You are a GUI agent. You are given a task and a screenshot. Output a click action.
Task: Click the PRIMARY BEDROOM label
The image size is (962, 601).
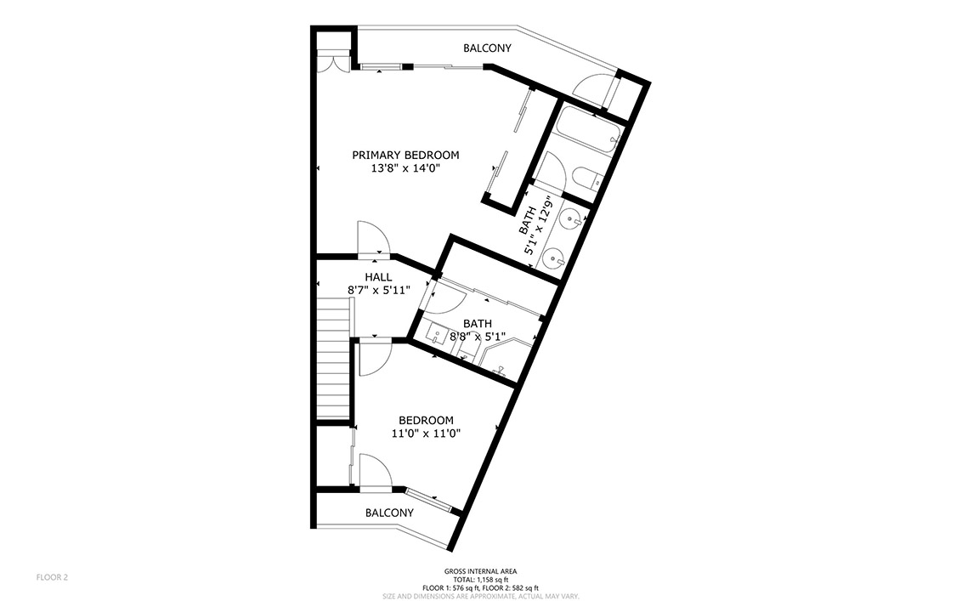click(x=405, y=156)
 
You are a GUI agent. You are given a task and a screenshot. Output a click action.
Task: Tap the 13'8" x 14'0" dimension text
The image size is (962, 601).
click(x=405, y=168)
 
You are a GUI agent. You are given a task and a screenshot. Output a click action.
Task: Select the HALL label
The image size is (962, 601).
click(x=378, y=277)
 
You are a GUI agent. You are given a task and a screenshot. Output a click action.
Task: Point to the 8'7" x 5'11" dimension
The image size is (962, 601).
click(x=378, y=291)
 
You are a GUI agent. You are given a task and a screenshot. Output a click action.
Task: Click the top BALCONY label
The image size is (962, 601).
click(x=487, y=48)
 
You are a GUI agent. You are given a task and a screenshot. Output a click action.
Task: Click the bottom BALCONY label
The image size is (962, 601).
click(x=389, y=513)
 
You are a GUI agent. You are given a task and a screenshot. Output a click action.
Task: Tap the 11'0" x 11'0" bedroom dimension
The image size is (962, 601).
click(x=426, y=434)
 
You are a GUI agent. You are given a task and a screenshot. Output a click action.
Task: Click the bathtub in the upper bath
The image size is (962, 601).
click(x=588, y=131)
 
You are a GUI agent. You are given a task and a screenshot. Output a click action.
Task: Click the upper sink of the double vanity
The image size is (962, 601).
click(x=572, y=219)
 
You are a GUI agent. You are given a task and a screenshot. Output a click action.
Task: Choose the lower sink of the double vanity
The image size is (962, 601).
click(x=554, y=258)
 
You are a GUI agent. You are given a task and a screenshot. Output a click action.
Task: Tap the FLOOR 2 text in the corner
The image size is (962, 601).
click(x=52, y=577)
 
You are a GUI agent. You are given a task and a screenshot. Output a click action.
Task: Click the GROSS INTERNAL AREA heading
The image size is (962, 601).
click(x=480, y=571)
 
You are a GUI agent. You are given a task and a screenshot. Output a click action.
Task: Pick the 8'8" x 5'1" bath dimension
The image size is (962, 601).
click(x=478, y=337)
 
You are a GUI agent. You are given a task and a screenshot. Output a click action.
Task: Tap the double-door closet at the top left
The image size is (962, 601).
click(x=333, y=63)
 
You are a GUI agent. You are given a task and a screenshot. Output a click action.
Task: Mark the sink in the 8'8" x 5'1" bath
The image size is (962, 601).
click(x=438, y=335)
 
